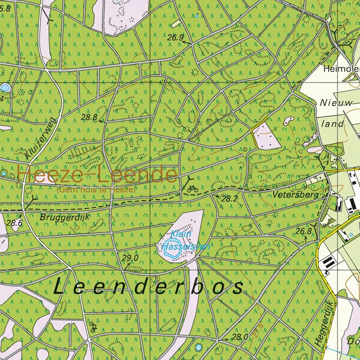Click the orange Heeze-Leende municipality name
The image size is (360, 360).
click(x=97, y=174)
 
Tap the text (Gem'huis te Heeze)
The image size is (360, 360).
click(x=96, y=190)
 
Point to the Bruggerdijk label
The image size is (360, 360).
click(x=64, y=217)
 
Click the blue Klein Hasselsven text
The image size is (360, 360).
click(x=185, y=240)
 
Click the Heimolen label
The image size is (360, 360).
click(x=341, y=69)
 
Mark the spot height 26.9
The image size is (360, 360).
click(x=175, y=37)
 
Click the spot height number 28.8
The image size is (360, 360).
click(x=89, y=117)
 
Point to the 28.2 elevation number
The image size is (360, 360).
click(x=229, y=199)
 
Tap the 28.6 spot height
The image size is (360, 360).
click(x=15, y=223)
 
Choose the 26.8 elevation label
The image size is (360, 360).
click(x=303, y=231)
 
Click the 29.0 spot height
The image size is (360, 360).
click(x=130, y=258)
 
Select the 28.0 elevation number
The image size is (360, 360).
click(x=240, y=337)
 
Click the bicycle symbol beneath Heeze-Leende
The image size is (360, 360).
click(x=192, y=189)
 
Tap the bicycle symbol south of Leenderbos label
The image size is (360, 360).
click(x=93, y=328)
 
